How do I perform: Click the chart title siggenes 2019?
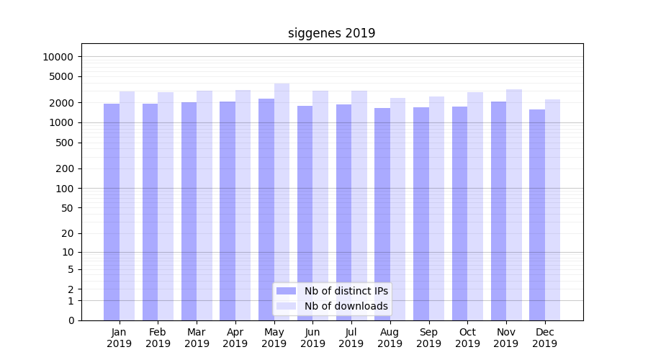coord(331,33)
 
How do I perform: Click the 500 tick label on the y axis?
coord(63,143)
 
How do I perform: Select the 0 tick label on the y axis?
coord(71,320)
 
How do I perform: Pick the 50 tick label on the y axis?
coord(66,208)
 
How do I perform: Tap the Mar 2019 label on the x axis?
coord(197,338)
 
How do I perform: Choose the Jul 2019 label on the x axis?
coord(351,338)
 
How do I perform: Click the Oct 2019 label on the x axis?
coord(467,338)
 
